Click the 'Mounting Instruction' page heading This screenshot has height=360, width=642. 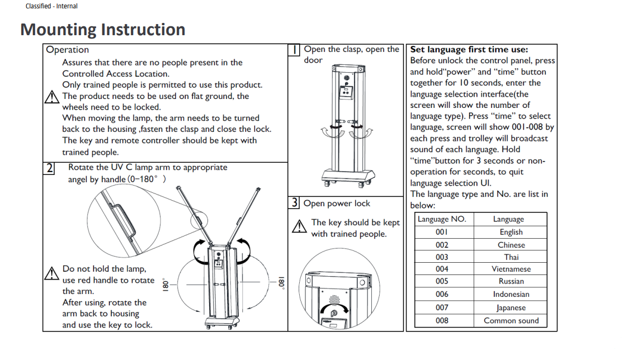pos(103,30)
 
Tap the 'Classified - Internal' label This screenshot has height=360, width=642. pos(51,6)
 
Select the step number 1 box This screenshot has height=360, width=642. pos(296,50)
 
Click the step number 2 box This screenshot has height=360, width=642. pos(50,168)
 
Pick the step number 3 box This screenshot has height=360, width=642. pos(295,203)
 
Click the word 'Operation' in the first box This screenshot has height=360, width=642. pos(67,50)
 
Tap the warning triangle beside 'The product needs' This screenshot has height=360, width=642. pos(52,97)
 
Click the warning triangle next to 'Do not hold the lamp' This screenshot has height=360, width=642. pos(52,273)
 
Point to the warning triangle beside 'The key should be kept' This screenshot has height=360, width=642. pos(301,226)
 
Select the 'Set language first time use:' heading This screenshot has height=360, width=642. pos(469,50)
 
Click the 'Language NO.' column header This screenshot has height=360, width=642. pos(442,219)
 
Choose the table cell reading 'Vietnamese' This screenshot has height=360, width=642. pos(511,269)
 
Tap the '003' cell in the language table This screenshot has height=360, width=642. pos(442,257)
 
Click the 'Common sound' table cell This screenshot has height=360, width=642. pos(511,320)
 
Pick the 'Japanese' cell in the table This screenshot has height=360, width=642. pos(511,307)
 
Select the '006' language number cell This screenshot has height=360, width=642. pos(442,294)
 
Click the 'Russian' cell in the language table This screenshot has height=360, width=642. pos(511,281)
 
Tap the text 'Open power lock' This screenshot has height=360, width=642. pos(337,203)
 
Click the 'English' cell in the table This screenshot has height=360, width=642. pos(511,232)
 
